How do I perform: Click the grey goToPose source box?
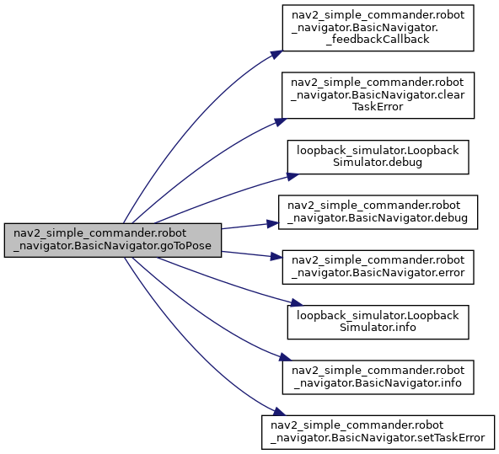[113, 240]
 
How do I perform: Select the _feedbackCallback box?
[378, 28]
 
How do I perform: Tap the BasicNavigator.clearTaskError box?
[378, 95]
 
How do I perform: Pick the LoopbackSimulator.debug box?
[378, 157]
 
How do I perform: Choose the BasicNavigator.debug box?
[378, 212]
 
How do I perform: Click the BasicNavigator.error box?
[378, 267]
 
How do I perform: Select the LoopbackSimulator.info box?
[378, 322]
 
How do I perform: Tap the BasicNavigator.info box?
[378, 377]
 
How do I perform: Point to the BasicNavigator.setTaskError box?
[378, 432]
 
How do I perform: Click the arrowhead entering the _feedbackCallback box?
[276, 55]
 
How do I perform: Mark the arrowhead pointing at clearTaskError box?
[281, 122]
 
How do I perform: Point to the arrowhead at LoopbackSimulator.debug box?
[292, 176]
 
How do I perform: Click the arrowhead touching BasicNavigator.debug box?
[273, 223]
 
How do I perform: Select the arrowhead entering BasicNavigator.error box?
[276, 256]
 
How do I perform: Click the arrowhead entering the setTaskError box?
[280, 413]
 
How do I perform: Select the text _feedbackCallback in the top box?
[378, 40]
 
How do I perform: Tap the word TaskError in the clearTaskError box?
[378, 107]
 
